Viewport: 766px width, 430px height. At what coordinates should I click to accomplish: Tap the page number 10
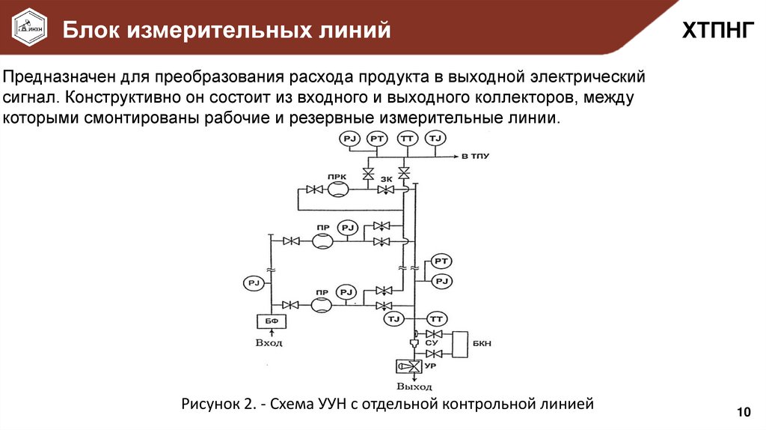point(743,412)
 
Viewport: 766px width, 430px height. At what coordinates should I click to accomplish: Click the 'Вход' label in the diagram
point(269,342)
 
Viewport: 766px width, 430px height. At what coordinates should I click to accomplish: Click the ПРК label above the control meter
point(335,175)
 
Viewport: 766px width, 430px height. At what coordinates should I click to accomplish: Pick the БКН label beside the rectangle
point(482,342)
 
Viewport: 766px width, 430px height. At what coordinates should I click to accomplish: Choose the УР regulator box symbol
point(408,366)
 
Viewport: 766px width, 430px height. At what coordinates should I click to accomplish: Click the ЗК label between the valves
point(386,179)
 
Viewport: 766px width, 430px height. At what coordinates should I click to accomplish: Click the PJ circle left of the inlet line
point(252,282)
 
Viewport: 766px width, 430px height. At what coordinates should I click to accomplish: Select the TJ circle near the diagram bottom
point(394,319)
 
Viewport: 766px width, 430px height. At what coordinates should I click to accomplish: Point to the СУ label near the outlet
point(431,343)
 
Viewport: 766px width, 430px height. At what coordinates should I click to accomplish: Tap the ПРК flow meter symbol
point(337,190)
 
